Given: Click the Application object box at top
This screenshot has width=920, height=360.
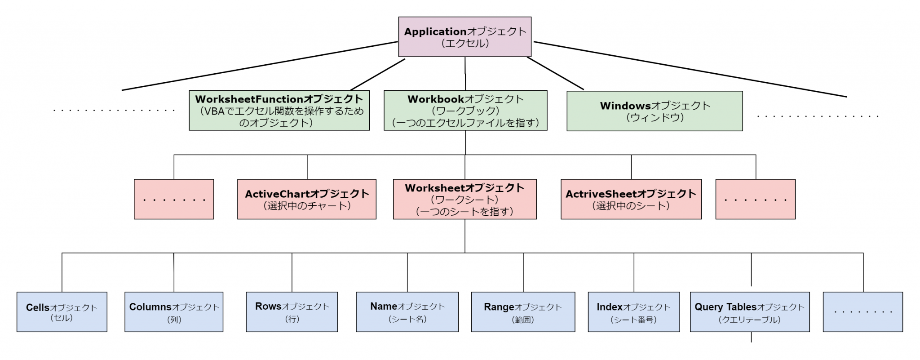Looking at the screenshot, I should pos(464,37).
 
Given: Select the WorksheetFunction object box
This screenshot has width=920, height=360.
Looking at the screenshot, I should pos(279,111).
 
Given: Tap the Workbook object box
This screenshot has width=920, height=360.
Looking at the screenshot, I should pos(465,111).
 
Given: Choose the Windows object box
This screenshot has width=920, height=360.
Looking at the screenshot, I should pos(655,111).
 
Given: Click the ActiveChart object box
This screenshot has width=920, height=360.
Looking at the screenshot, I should pos(307,199).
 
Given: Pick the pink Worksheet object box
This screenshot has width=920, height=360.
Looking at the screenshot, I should pos(464,199).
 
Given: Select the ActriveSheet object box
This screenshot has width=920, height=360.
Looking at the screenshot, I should pos(631,199).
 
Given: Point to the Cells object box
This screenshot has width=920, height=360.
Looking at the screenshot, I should pos(62,312).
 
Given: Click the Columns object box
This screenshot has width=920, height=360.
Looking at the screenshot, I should pos(174,312).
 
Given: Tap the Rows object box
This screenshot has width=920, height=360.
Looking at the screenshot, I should pos(292,312).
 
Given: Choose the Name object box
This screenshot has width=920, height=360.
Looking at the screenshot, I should pos(407,312).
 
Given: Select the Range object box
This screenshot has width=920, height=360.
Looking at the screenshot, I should pos(523,312).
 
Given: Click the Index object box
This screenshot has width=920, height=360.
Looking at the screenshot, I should pos(633,312).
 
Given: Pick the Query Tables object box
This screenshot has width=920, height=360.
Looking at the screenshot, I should pos(749,312).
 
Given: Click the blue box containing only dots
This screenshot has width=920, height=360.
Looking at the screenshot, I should pos(862,312).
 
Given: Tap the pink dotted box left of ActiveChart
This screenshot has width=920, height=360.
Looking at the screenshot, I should pos(174,199).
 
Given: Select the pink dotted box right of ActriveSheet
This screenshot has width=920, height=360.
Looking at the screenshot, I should pos(755,199).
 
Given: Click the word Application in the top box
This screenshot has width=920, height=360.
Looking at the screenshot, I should pos(435,31).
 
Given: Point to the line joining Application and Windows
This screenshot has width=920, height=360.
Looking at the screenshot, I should pos(556,73).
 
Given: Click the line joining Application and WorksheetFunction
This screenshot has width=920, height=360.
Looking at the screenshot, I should pos(377,75).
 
